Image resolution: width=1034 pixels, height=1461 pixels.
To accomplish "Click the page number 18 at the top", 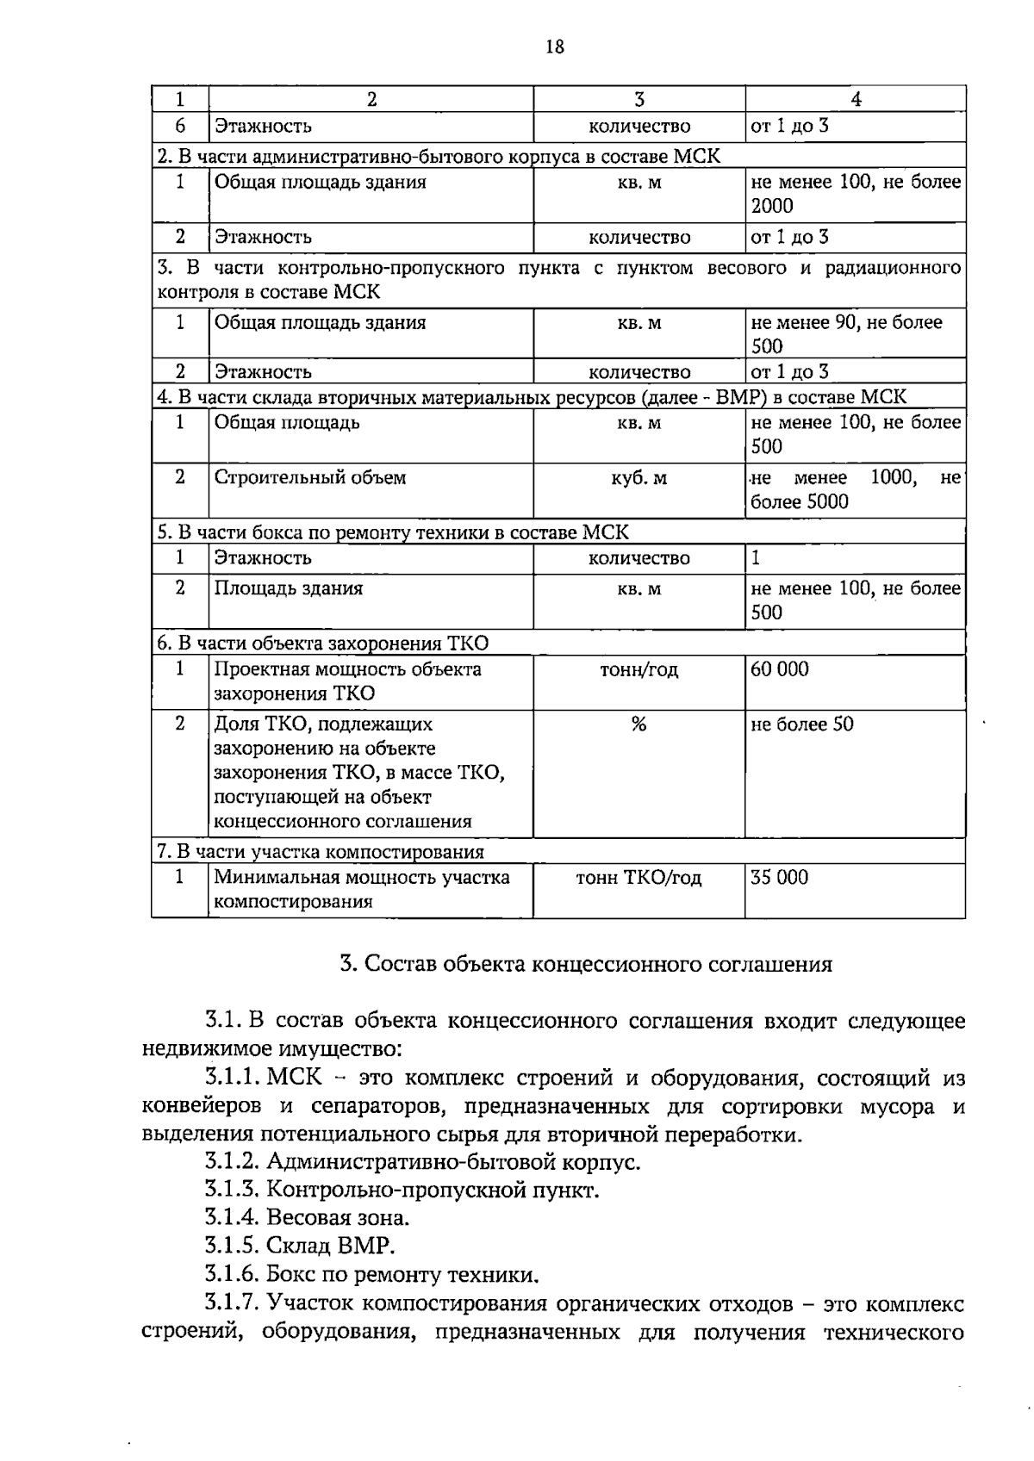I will point(555,47).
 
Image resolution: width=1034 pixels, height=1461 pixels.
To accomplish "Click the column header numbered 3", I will point(638,99).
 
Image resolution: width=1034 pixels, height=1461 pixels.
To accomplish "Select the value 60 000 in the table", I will point(780,669).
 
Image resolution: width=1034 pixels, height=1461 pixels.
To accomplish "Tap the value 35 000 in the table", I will point(780,878).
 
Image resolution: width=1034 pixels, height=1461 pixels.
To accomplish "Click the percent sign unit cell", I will point(638,724).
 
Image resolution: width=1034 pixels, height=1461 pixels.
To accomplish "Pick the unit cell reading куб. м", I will point(638,478).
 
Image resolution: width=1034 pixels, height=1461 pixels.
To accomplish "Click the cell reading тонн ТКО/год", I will point(638,878).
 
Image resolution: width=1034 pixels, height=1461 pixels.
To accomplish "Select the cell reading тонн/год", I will point(638,669).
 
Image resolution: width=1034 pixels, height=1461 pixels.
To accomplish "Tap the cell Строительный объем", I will point(309,478).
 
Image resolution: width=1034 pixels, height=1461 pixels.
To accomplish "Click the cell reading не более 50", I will point(802,724).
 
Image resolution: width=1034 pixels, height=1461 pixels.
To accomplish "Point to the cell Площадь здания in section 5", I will point(289,588).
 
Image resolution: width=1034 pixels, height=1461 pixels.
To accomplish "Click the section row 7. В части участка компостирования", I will point(321,852).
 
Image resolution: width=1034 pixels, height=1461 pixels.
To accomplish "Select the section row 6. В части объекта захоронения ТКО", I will point(322,643).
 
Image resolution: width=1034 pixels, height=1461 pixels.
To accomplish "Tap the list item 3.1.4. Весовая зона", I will point(307,1218).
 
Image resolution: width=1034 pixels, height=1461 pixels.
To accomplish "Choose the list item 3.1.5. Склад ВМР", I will point(300,1246).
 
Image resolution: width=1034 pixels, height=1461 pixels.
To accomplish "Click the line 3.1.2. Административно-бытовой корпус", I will point(422,1162).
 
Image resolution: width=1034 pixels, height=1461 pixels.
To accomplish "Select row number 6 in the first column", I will point(180,126).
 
